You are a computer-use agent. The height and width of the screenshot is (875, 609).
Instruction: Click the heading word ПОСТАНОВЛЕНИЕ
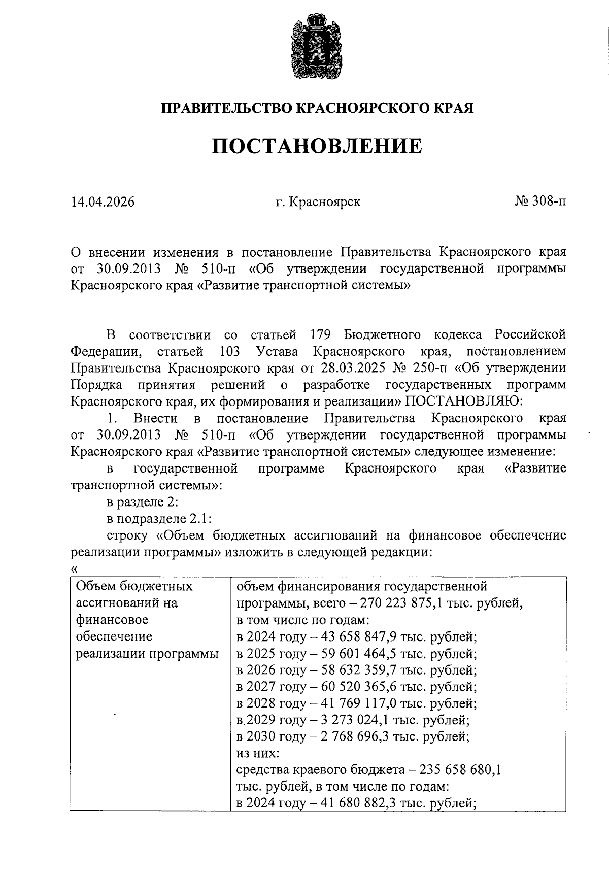(316, 146)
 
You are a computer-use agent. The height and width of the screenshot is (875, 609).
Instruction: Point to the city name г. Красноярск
(318, 202)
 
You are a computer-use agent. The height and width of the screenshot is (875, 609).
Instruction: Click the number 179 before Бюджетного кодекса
(320, 334)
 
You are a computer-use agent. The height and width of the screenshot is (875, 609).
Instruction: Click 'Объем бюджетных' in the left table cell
(134, 587)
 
